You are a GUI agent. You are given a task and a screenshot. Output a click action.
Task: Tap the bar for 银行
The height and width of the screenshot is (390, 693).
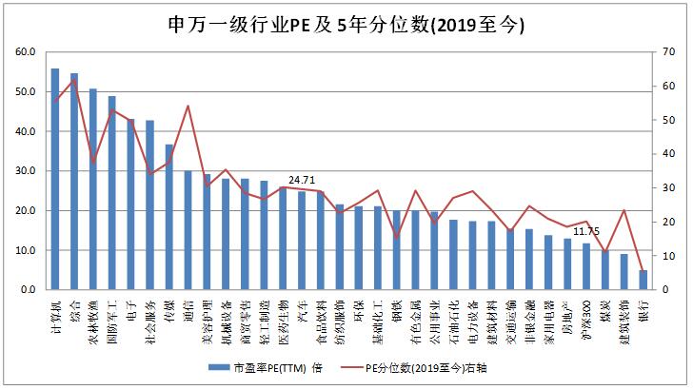(x=643, y=280)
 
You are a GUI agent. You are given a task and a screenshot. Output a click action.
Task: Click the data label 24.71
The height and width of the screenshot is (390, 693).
(x=302, y=179)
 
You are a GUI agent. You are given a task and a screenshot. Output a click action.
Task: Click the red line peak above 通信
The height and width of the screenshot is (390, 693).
(x=188, y=106)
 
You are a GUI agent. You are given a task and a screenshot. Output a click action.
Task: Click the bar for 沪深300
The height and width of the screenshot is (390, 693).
(x=586, y=266)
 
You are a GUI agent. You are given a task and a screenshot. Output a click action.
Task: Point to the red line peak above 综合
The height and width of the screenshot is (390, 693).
(x=74, y=81)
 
